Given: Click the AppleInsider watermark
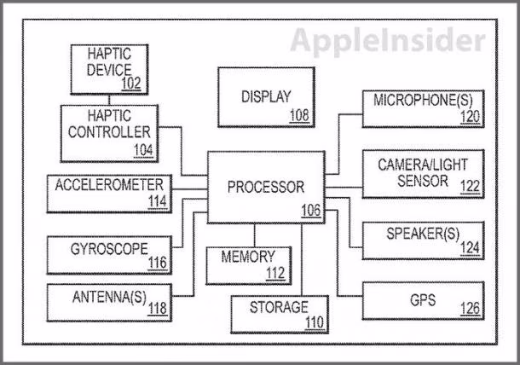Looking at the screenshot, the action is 388,41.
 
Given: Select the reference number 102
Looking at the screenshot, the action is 131,84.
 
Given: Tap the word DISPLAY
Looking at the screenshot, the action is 266,96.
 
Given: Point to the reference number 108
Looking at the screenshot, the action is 299,115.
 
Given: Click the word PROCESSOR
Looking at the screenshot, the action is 266,187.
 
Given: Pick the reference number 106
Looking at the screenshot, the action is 311,210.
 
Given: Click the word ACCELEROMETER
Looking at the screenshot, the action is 109,185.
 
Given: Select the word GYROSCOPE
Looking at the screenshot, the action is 109,249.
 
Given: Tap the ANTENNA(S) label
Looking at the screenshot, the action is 109,297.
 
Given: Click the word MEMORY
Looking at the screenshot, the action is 248,257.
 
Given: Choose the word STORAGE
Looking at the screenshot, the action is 279,307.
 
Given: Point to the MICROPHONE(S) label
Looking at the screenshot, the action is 423,100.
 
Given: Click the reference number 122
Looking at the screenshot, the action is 471,187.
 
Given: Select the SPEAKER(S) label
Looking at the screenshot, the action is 423,234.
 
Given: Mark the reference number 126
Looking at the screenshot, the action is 471,308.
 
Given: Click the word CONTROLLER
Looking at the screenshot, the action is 109,132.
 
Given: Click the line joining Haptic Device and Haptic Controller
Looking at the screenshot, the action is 109,100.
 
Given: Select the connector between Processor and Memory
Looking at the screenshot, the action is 254,235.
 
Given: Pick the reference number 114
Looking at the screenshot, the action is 158,201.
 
